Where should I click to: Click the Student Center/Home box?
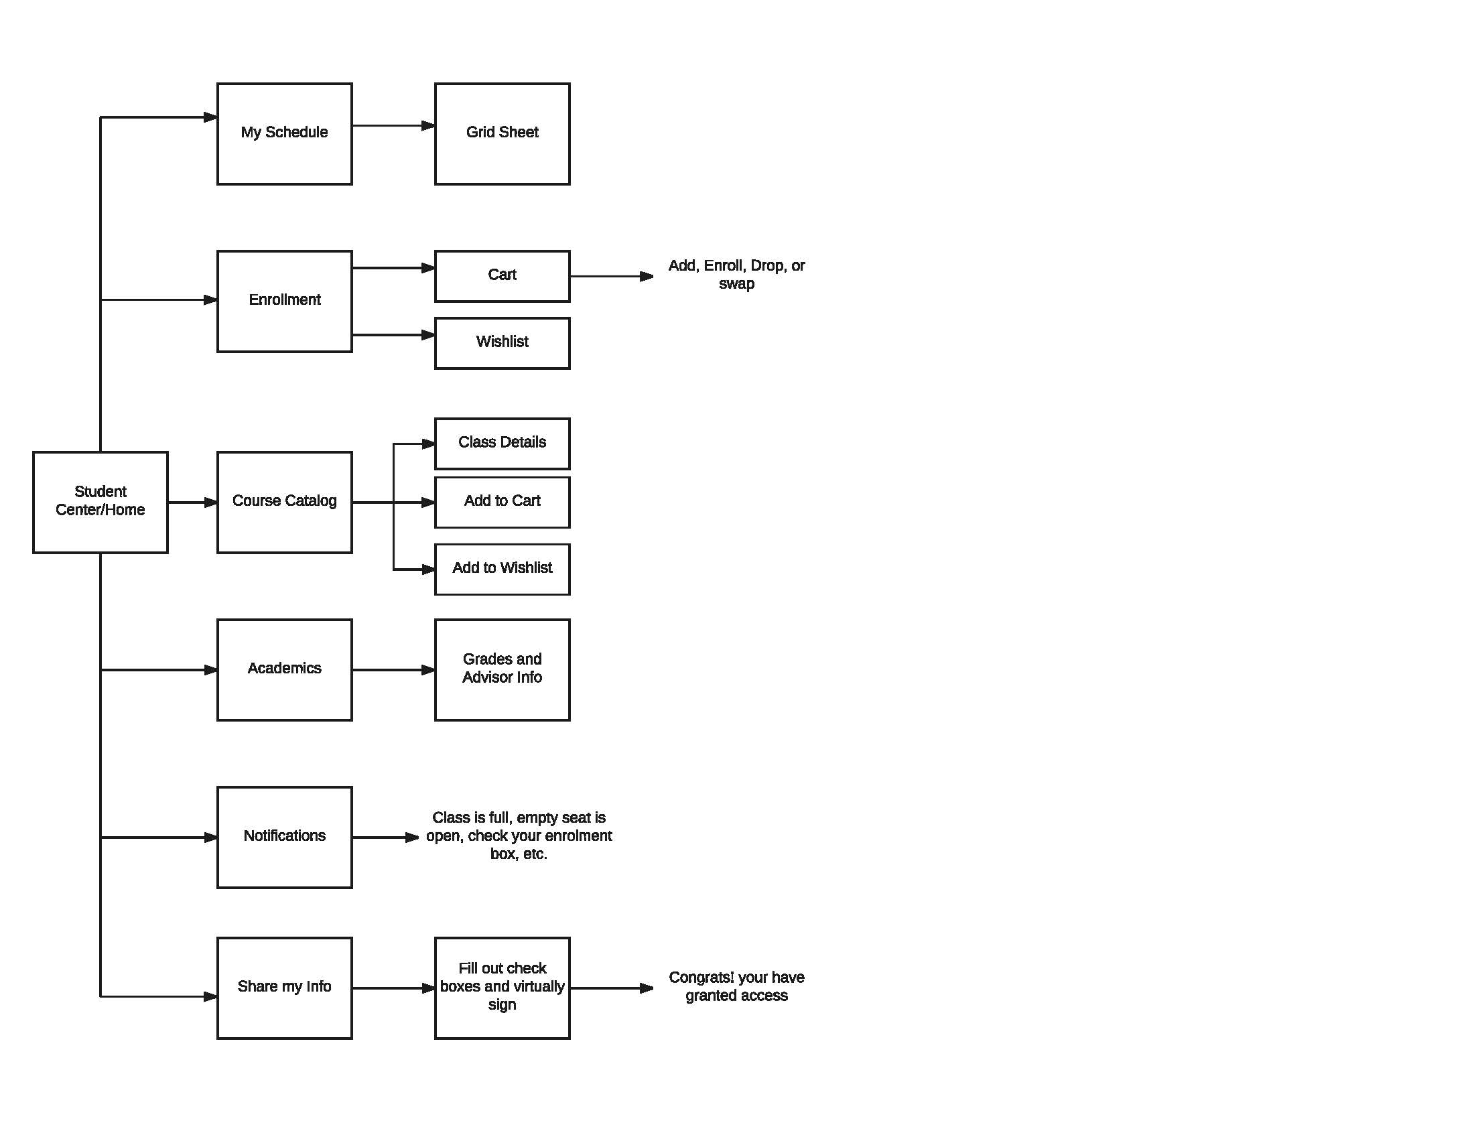(100, 502)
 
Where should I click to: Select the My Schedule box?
(284, 133)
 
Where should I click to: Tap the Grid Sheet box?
(502, 133)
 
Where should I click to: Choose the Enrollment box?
(284, 301)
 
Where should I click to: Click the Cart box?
(502, 276)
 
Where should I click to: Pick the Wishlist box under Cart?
(502, 343)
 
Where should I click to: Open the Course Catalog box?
(284, 502)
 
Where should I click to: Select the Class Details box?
(502, 444)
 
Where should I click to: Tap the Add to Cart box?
(502, 502)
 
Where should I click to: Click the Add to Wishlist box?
(502, 569)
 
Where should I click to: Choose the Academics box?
(284, 669)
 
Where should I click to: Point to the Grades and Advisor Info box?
(502, 669)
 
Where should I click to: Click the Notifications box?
(284, 837)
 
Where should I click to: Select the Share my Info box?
(284, 988)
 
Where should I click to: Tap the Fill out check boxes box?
(502, 988)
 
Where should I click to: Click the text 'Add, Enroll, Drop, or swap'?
(736, 274)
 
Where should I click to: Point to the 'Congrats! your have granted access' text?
(736, 986)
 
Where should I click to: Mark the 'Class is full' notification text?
(519, 835)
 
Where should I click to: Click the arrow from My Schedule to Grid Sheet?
(393, 125)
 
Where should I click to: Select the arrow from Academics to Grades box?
(393, 669)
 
